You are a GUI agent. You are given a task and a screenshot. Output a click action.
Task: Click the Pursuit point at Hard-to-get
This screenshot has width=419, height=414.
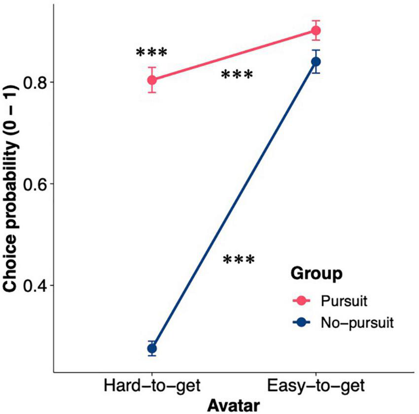[x=152, y=80]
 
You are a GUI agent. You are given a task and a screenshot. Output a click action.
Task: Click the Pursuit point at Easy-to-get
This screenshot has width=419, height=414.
[x=315, y=31]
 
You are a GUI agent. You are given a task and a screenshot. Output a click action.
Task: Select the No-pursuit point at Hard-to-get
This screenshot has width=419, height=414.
[x=152, y=348]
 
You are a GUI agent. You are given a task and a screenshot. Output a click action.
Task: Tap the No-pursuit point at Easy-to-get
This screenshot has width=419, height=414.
[x=315, y=62]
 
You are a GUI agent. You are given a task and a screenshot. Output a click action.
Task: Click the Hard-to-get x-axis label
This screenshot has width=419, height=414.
[x=152, y=386]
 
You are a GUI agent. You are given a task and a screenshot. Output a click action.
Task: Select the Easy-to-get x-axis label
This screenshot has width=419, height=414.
[x=315, y=386]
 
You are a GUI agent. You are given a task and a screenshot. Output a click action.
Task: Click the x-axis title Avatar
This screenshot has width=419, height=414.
[x=234, y=406]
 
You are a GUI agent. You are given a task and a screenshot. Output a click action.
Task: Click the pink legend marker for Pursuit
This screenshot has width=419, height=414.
[x=301, y=300]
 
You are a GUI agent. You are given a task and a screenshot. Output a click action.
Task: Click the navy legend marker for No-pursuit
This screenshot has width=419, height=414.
[x=301, y=322]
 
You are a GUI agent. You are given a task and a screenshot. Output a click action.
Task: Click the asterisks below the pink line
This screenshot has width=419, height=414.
[x=237, y=75]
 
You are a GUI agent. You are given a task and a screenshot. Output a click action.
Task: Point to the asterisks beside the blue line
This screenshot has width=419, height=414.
[x=239, y=260]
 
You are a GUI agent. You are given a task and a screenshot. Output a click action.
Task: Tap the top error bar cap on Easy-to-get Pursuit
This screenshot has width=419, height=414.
[x=315, y=21]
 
